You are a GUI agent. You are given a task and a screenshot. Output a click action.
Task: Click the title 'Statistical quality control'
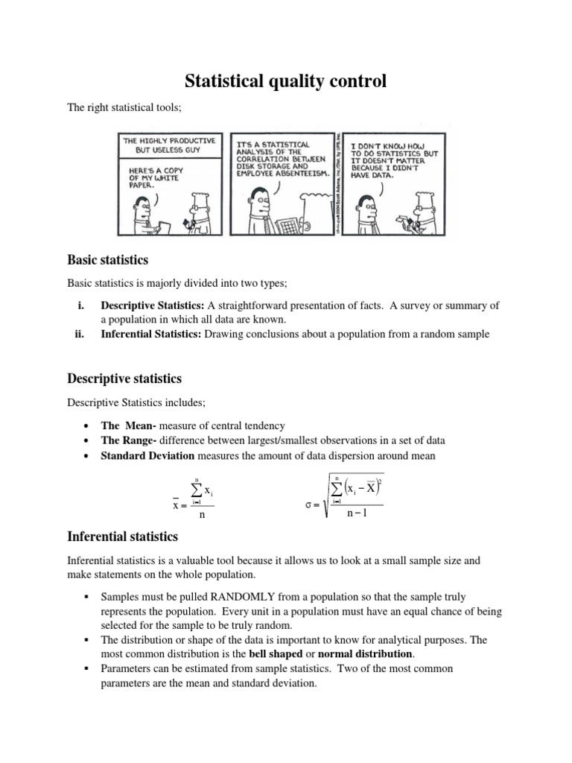click(x=286, y=80)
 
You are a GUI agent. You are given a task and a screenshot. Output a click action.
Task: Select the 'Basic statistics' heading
click(x=108, y=260)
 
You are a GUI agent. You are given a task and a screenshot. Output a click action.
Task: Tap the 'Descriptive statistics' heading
click(x=124, y=379)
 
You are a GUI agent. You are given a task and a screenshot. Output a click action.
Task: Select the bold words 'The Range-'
click(x=128, y=440)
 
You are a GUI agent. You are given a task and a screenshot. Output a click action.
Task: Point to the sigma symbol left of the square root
click(x=309, y=505)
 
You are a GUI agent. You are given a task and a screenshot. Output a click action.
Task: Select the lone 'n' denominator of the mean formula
click(x=200, y=514)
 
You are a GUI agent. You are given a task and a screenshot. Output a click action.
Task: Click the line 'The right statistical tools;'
click(x=119, y=108)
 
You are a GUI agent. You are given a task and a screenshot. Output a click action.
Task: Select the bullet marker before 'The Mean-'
click(x=88, y=426)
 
